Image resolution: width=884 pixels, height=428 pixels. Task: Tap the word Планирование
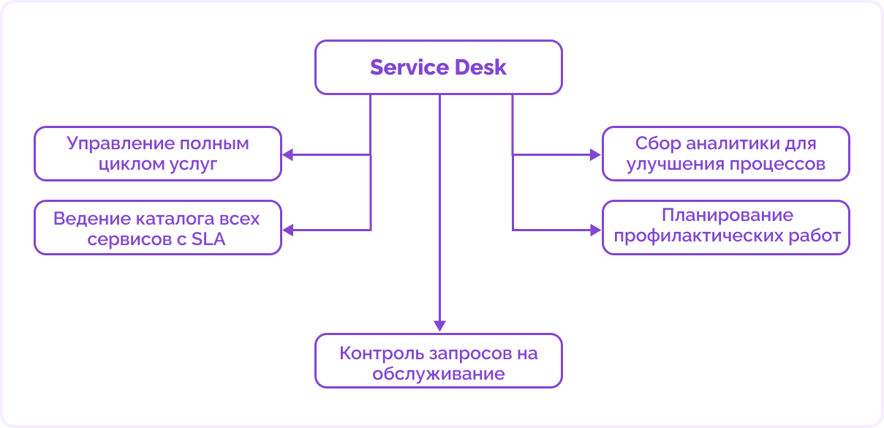point(727,216)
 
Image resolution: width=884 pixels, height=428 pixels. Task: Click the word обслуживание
point(439,374)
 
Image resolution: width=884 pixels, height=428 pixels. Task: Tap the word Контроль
point(374,353)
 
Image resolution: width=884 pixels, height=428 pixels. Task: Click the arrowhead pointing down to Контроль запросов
point(439,326)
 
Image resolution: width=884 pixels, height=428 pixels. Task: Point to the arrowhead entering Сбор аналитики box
point(594,154)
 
